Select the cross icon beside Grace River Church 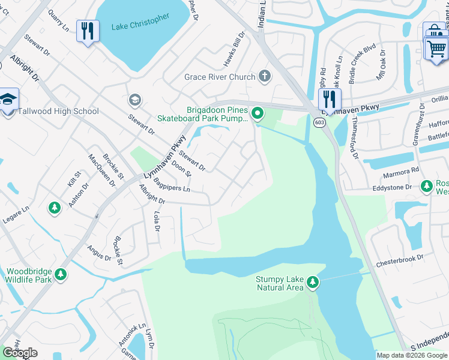click(265, 76)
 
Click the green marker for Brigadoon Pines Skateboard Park click(258, 112)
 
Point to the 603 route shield click(319, 122)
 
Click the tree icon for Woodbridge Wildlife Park click(60, 275)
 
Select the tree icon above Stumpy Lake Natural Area click(312, 281)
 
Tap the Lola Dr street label click(157, 221)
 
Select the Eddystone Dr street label click(392, 187)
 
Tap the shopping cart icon click(436, 47)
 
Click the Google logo click(20, 353)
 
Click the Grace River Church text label click(220, 77)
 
